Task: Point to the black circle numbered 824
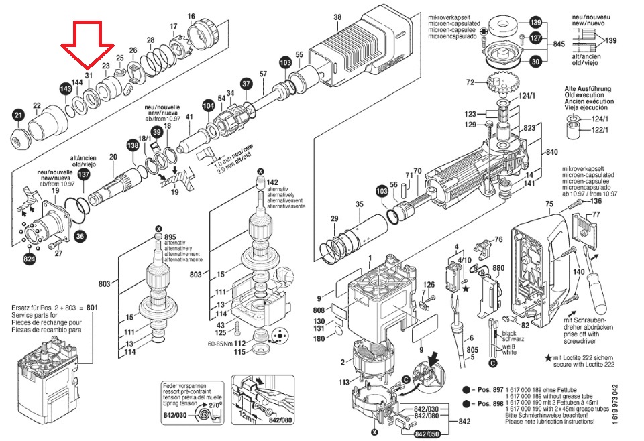click(30, 258)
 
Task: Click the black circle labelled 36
click(80, 235)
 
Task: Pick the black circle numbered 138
click(133, 144)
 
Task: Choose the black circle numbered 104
click(209, 106)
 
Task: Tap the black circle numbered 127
click(535, 38)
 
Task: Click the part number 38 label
click(337, 17)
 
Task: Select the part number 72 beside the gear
click(470, 82)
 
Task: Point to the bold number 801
click(92, 308)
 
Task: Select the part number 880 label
click(498, 269)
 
